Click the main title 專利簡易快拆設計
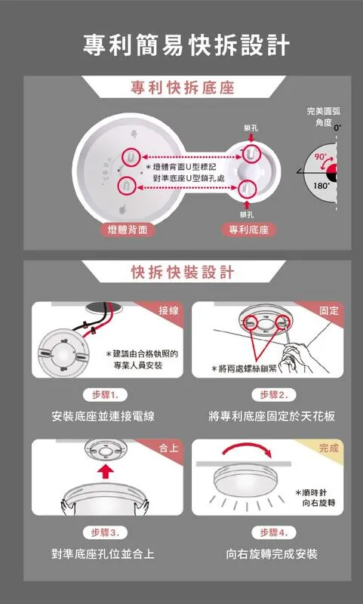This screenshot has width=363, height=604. click(x=186, y=45)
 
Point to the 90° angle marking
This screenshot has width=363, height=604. click(x=319, y=156)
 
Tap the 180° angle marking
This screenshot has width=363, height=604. click(x=321, y=185)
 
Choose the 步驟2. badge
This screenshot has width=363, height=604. click(x=272, y=396)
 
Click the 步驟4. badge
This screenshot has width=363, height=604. click(x=272, y=532)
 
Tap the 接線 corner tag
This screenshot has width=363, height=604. click(x=169, y=311)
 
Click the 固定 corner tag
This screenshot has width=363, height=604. click(x=329, y=311)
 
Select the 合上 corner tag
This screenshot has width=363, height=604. click(x=170, y=448)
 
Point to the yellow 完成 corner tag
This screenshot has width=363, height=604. click(x=329, y=448)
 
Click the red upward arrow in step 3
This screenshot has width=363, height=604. click(x=106, y=474)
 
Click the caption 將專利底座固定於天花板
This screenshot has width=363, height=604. click(x=272, y=417)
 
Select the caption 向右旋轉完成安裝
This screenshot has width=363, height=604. click(x=272, y=554)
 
